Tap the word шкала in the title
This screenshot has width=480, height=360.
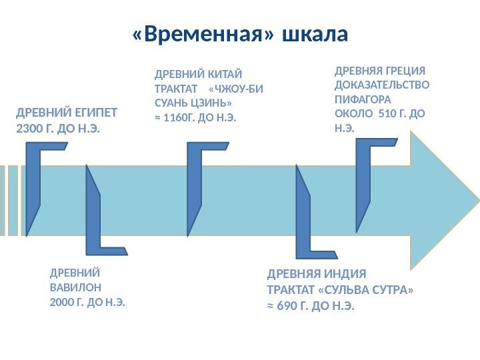[315, 34]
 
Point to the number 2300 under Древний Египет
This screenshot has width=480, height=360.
[29, 127]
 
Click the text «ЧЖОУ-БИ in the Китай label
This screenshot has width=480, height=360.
[236, 89]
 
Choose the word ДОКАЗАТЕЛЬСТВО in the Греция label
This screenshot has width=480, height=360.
[382, 85]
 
